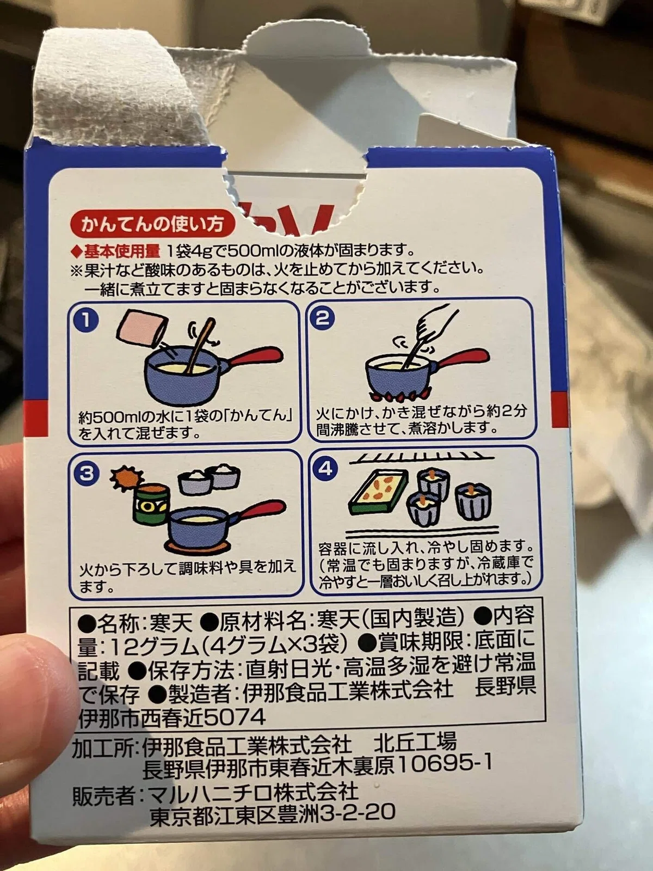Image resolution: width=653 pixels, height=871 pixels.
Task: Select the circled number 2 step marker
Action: tap(322, 317)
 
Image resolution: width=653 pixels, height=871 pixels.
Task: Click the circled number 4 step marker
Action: tap(325, 469)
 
